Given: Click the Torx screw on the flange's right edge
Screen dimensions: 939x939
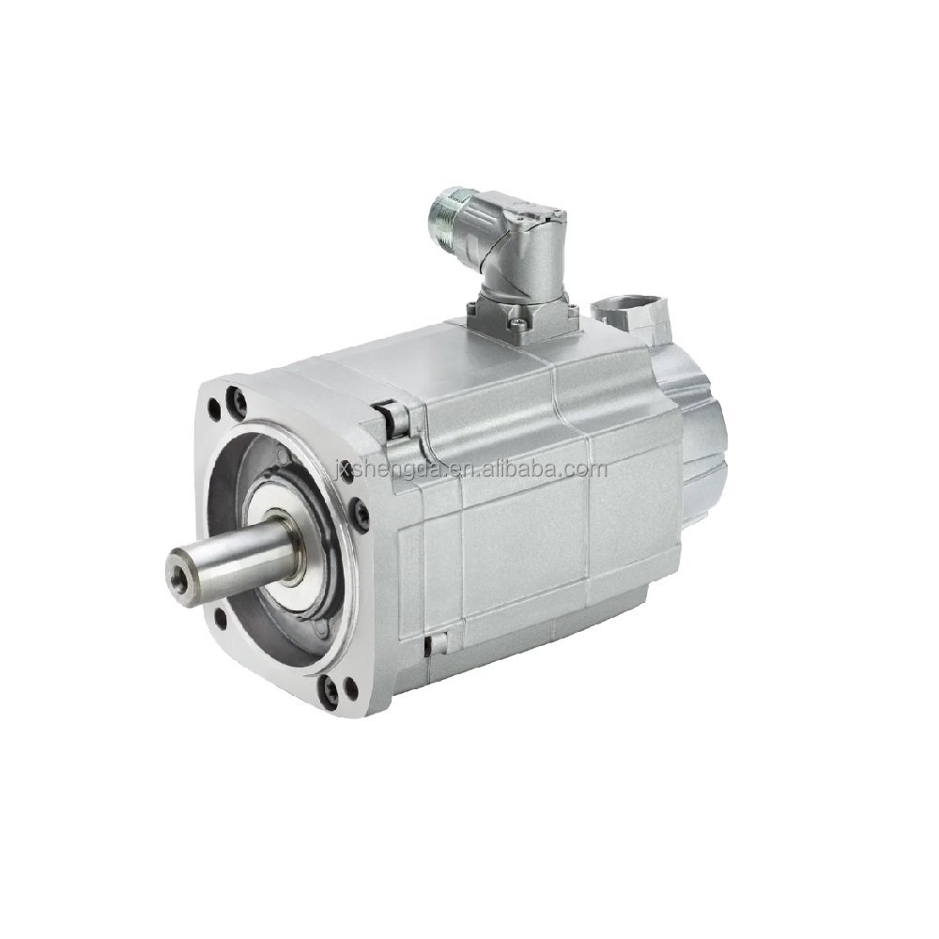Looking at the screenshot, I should (x=360, y=512).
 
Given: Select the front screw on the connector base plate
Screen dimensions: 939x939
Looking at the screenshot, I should (x=516, y=324).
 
